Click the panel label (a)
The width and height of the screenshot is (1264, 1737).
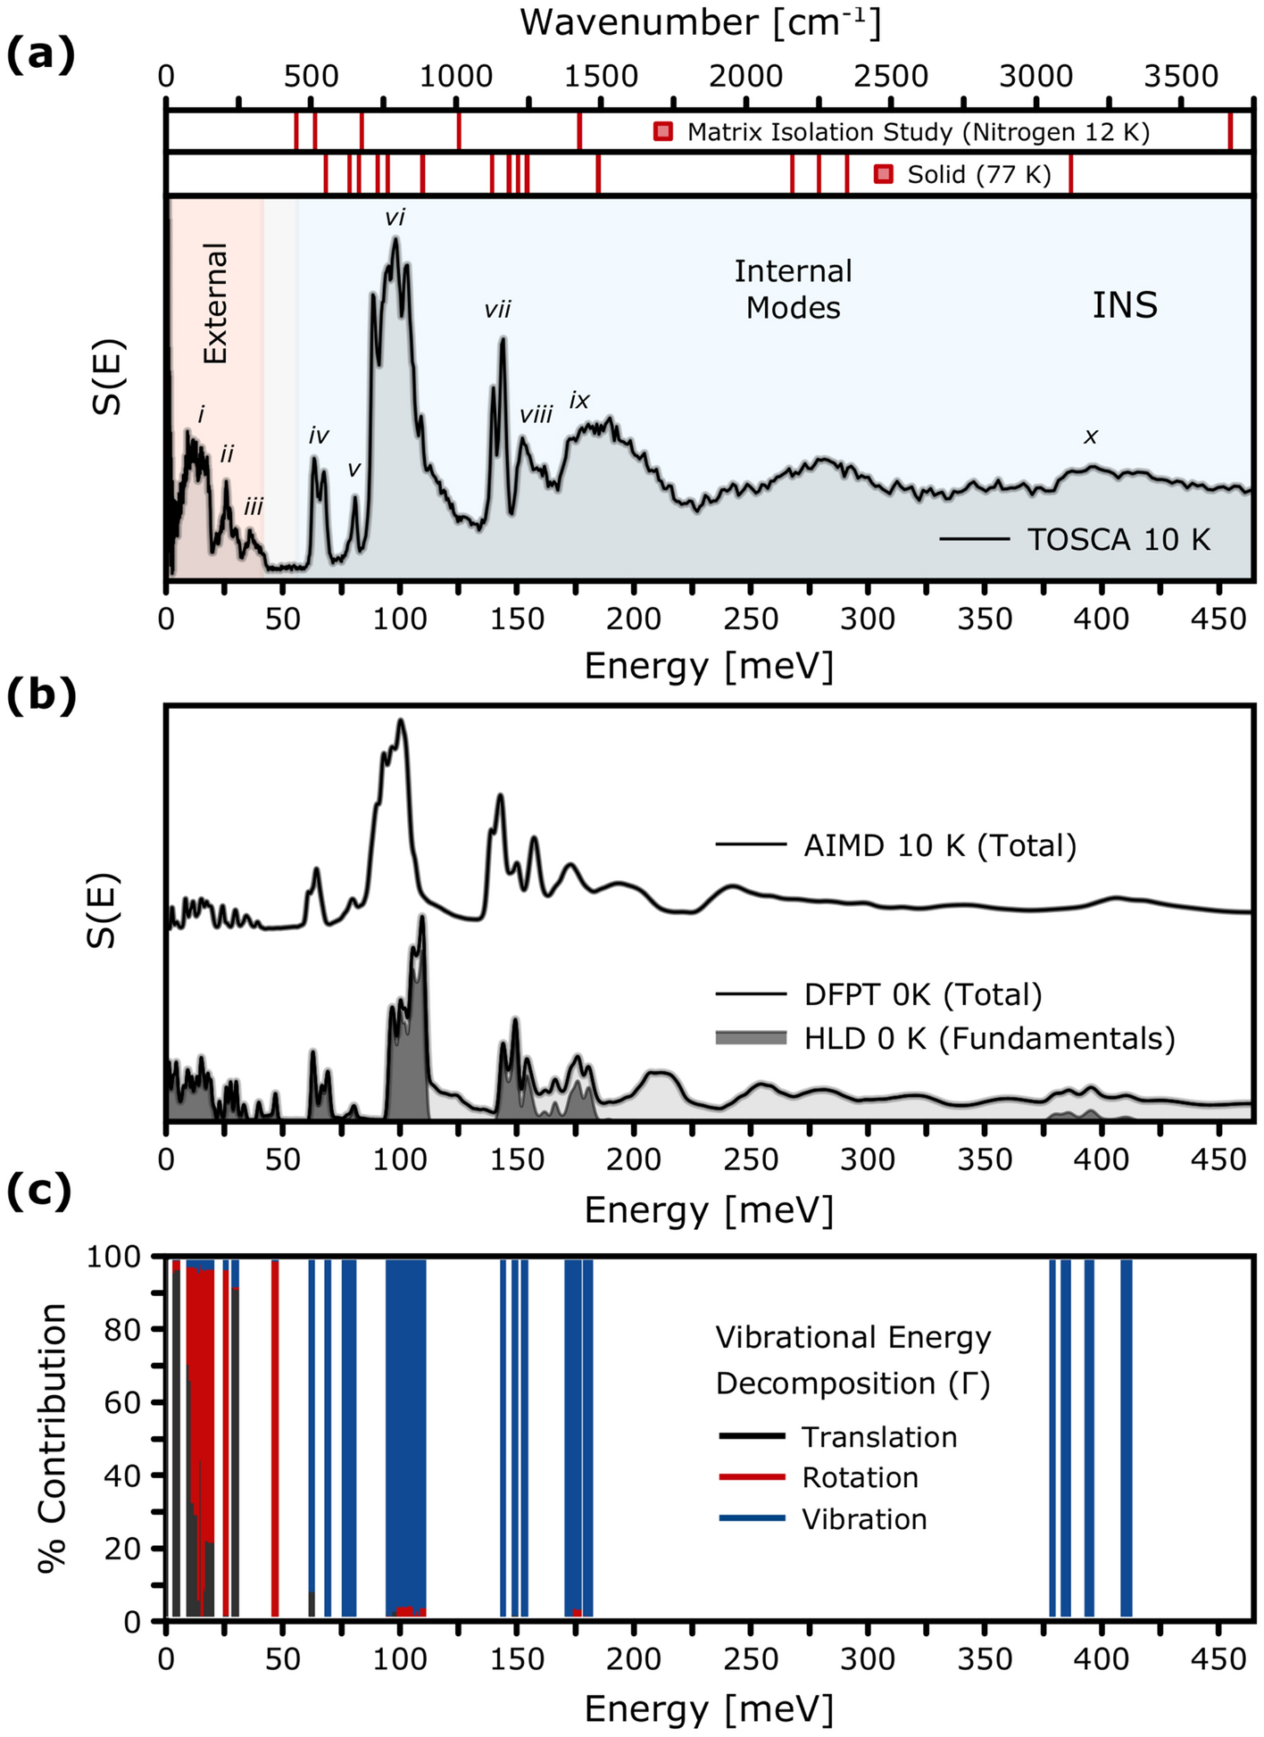pyautogui.click(x=40, y=55)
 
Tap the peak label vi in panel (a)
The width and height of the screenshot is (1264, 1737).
pyautogui.click(x=395, y=217)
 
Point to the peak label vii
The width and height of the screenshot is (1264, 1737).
pyautogui.click(x=497, y=310)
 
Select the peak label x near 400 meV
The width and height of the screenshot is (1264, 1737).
pyautogui.click(x=1091, y=436)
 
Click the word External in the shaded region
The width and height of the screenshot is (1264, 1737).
pyautogui.click(x=216, y=303)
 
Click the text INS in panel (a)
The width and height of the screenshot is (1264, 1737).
pyautogui.click(x=1125, y=306)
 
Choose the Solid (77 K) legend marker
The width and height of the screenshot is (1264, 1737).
pyautogui.click(x=884, y=174)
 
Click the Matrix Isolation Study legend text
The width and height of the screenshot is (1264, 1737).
pyautogui.click(x=918, y=132)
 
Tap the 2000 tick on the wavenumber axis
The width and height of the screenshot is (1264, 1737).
pyautogui.click(x=745, y=77)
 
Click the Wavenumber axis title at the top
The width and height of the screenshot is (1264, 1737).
pyautogui.click(x=701, y=22)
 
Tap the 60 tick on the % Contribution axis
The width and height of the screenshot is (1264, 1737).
pyautogui.click(x=132, y=1402)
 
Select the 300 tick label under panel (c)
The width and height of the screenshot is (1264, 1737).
pyautogui.click(x=868, y=1659)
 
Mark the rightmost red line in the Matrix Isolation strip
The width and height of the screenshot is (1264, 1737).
pyautogui.click(x=1230, y=131)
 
